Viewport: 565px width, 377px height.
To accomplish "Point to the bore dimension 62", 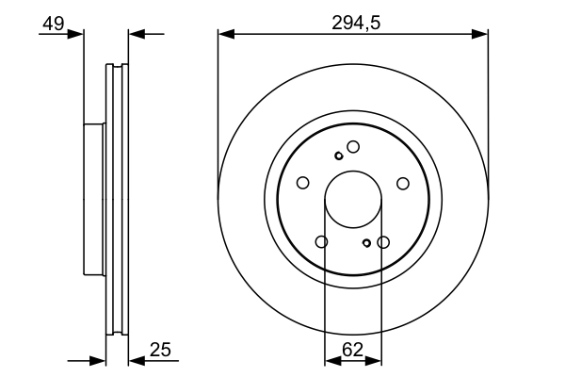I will coord(352,350).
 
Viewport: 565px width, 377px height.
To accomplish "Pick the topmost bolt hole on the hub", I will coord(353,146).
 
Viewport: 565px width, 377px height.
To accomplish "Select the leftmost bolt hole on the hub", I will coord(302,183).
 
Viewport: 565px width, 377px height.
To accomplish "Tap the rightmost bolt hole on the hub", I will coord(403,183).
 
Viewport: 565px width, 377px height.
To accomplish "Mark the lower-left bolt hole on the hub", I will coord(322,242).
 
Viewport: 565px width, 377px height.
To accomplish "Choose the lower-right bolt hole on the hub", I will coord(383,242).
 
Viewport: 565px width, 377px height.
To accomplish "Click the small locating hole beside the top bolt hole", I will coord(339,156).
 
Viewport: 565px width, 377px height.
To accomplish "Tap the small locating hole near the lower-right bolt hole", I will coord(366,243).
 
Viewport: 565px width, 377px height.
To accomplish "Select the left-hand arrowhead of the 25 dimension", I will coord(97,360).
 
